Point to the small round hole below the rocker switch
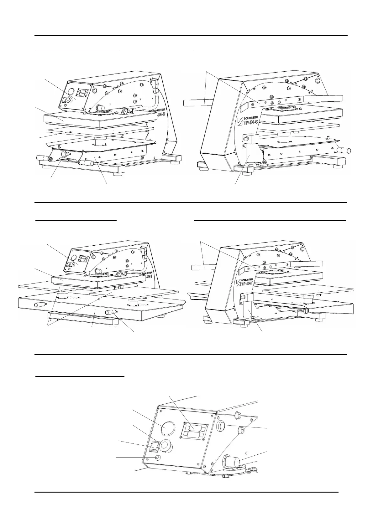click(x=158, y=458)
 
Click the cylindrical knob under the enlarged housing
click(x=231, y=462)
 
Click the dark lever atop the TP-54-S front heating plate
click(x=124, y=110)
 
